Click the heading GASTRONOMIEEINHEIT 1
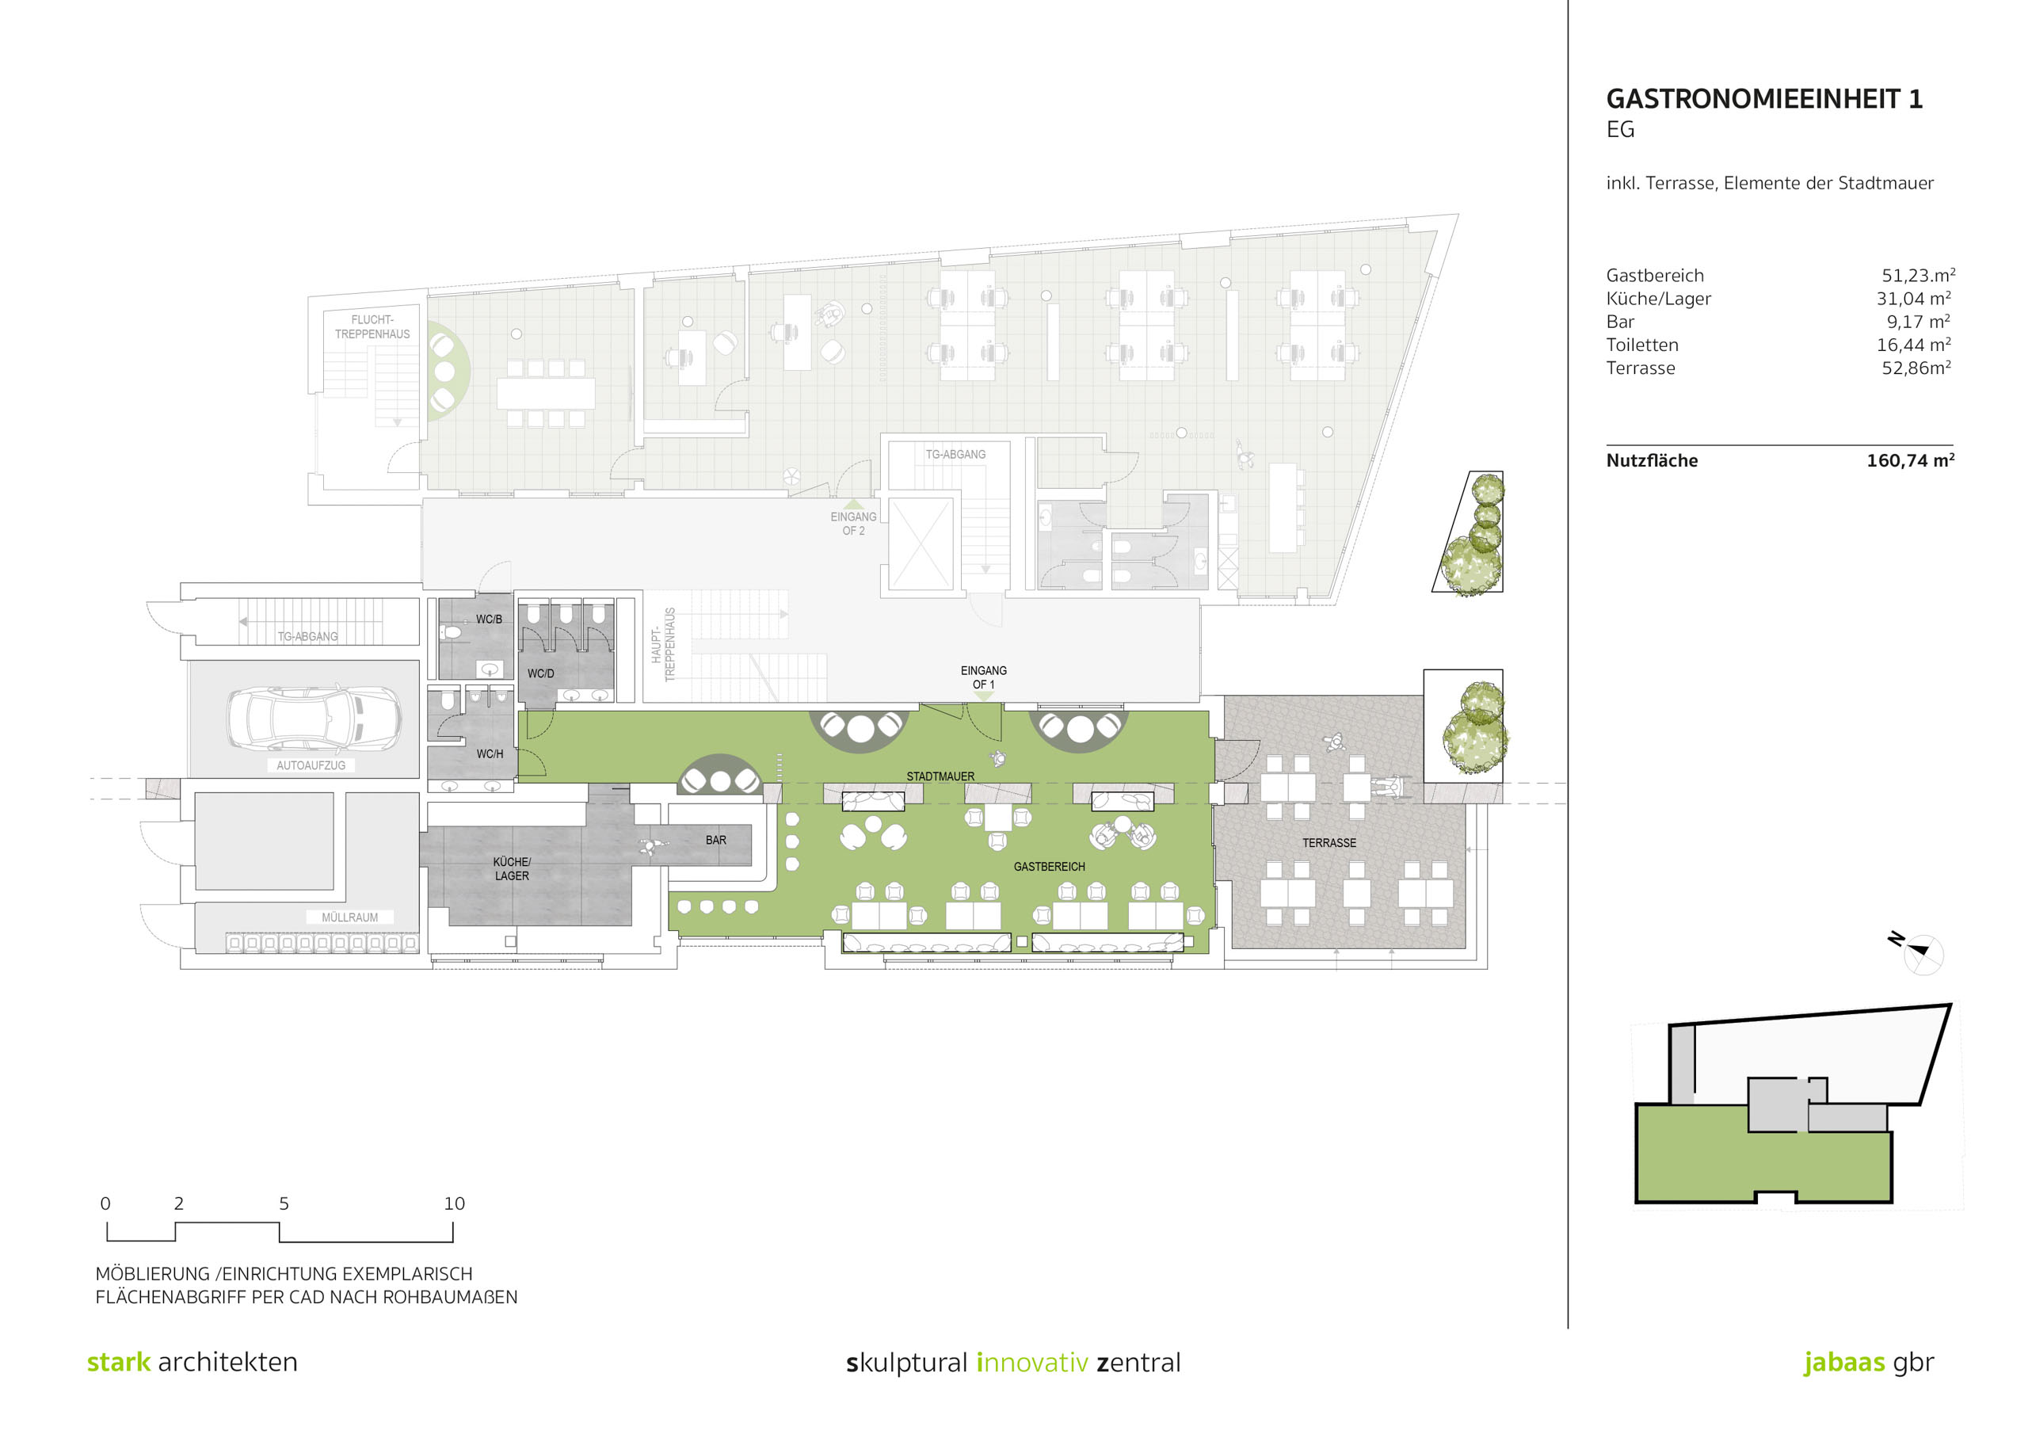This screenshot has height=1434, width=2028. coord(1764,99)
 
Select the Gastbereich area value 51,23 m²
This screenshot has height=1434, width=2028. coord(1918,276)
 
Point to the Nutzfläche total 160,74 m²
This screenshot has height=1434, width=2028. coord(1910,460)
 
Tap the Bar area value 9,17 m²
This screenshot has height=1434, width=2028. coord(1919,322)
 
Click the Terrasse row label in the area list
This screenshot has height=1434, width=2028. coord(1641,368)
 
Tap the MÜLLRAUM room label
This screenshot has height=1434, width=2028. coord(350,917)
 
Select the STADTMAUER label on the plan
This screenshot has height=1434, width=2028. coord(940,776)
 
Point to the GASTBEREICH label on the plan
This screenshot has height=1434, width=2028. coord(1050,867)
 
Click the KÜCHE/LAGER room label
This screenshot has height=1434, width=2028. coord(513,868)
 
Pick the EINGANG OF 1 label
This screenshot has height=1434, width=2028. coord(983,677)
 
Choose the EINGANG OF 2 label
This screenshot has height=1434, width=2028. coord(853,524)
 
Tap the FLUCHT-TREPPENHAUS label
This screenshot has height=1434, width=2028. coord(372,327)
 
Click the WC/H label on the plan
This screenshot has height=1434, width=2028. coord(490,753)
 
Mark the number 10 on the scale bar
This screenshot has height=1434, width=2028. coord(454,1203)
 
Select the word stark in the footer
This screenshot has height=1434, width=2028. coord(118,1362)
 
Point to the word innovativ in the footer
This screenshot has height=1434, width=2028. coord(1031,1363)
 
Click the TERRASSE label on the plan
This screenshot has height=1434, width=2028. coord(1328,843)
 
